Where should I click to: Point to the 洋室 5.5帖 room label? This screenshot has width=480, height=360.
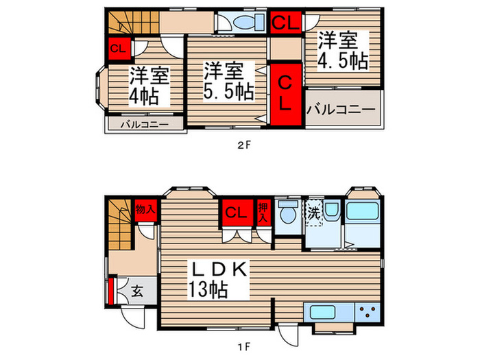click(226, 80)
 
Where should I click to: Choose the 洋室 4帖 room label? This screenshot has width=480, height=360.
click(145, 86)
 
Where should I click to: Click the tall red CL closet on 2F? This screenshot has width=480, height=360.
click(285, 95)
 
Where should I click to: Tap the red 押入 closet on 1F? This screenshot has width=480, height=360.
click(263, 211)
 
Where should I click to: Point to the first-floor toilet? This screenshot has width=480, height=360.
click(287, 213)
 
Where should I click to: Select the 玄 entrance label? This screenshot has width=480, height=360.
click(137, 291)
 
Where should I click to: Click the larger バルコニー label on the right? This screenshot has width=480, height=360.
click(341, 109)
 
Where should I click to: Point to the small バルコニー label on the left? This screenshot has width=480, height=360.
click(144, 125)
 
